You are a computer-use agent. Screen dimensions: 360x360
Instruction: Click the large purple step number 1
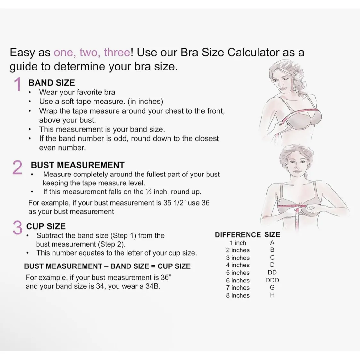pos(18,84)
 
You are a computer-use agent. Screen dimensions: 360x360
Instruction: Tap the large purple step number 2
pos(17,168)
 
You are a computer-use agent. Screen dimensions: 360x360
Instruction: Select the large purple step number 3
pos(17,227)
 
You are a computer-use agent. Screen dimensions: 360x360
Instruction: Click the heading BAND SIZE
pos(52,83)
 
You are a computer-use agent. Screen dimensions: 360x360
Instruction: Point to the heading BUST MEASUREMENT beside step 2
pos(78,165)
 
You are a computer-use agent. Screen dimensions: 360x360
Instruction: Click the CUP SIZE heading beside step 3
pos(46,226)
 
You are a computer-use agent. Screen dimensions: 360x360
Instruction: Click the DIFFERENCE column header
pos(238,235)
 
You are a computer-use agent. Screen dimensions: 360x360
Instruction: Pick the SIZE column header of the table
pos(272,235)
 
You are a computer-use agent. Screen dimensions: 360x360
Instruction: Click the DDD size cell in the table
pos(272,280)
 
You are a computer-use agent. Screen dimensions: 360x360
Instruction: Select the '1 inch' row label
pos(238,243)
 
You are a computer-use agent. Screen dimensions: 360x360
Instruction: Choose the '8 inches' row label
pos(238,295)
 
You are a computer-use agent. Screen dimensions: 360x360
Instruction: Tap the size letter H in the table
pos(272,295)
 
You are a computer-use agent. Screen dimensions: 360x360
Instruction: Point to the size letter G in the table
pos(272,288)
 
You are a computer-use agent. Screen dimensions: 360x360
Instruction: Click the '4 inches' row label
pos(238,265)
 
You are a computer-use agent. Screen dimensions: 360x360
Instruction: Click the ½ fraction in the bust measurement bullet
pos(148,192)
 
